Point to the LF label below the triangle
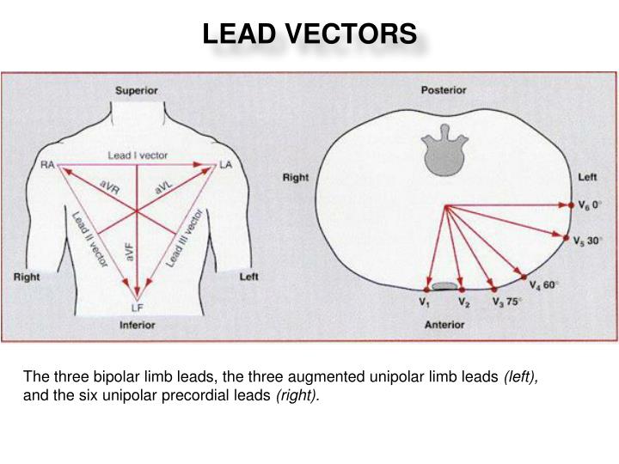pyautogui.click(x=136, y=308)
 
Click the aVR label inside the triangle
pyautogui.click(x=110, y=189)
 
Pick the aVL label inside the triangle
pyautogui.click(x=164, y=187)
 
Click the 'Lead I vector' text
pyautogui.click(x=138, y=156)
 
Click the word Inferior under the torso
pyautogui.click(x=136, y=325)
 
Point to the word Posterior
pyautogui.click(x=444, y=89)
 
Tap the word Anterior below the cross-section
pyautogui.click(x=444, y=325)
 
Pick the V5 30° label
pyautogui.click(x=588, y=241)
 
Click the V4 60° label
pyautogui.click(x=544, y=284)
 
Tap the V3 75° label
pyautogui.click(x=507, y=302)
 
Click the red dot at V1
pyautogui.click(x=427, y=290)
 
